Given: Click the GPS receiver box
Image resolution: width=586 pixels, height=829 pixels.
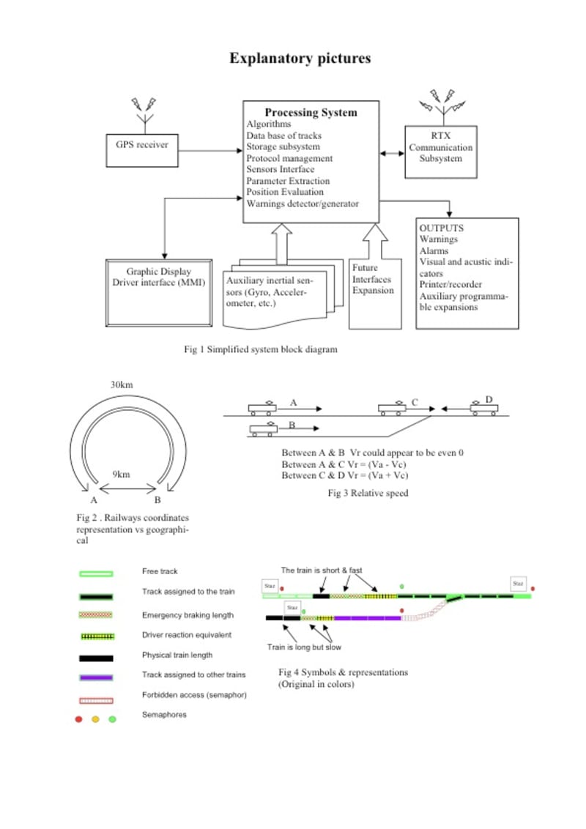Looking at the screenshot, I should tap(142, 145).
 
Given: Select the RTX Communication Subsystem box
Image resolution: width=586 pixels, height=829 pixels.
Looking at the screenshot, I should tap(440, 152).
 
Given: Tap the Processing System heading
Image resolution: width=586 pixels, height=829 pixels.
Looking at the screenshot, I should tap(311, 113).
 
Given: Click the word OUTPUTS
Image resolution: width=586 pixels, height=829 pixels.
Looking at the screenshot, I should tap(441, 228).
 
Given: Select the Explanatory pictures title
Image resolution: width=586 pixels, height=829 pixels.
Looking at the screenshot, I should tap(300, 59).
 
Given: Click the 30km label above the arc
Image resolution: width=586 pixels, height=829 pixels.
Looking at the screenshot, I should tap(122, 385).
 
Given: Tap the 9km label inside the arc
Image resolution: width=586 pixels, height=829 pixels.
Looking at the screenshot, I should tap(121, 475).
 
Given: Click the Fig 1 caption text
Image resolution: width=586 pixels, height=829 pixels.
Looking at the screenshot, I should tap(261, 349).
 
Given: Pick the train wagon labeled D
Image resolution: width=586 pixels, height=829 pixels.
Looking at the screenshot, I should tap(483, 407).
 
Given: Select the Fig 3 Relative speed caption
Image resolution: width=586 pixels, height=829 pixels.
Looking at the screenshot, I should tap(367, 493).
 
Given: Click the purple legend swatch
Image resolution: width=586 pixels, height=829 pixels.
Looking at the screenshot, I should tap(95, 677).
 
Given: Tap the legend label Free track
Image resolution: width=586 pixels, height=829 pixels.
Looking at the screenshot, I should tap(160, 571).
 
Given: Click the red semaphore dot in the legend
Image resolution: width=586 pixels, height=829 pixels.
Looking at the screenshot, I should tap(78, 719).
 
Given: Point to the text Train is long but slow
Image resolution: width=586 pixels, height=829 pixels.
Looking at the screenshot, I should tap(303, 647).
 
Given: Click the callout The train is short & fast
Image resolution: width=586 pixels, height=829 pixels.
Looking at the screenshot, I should tap(321, 569).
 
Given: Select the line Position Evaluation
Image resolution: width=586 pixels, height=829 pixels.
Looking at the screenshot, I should tap(285, 192).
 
